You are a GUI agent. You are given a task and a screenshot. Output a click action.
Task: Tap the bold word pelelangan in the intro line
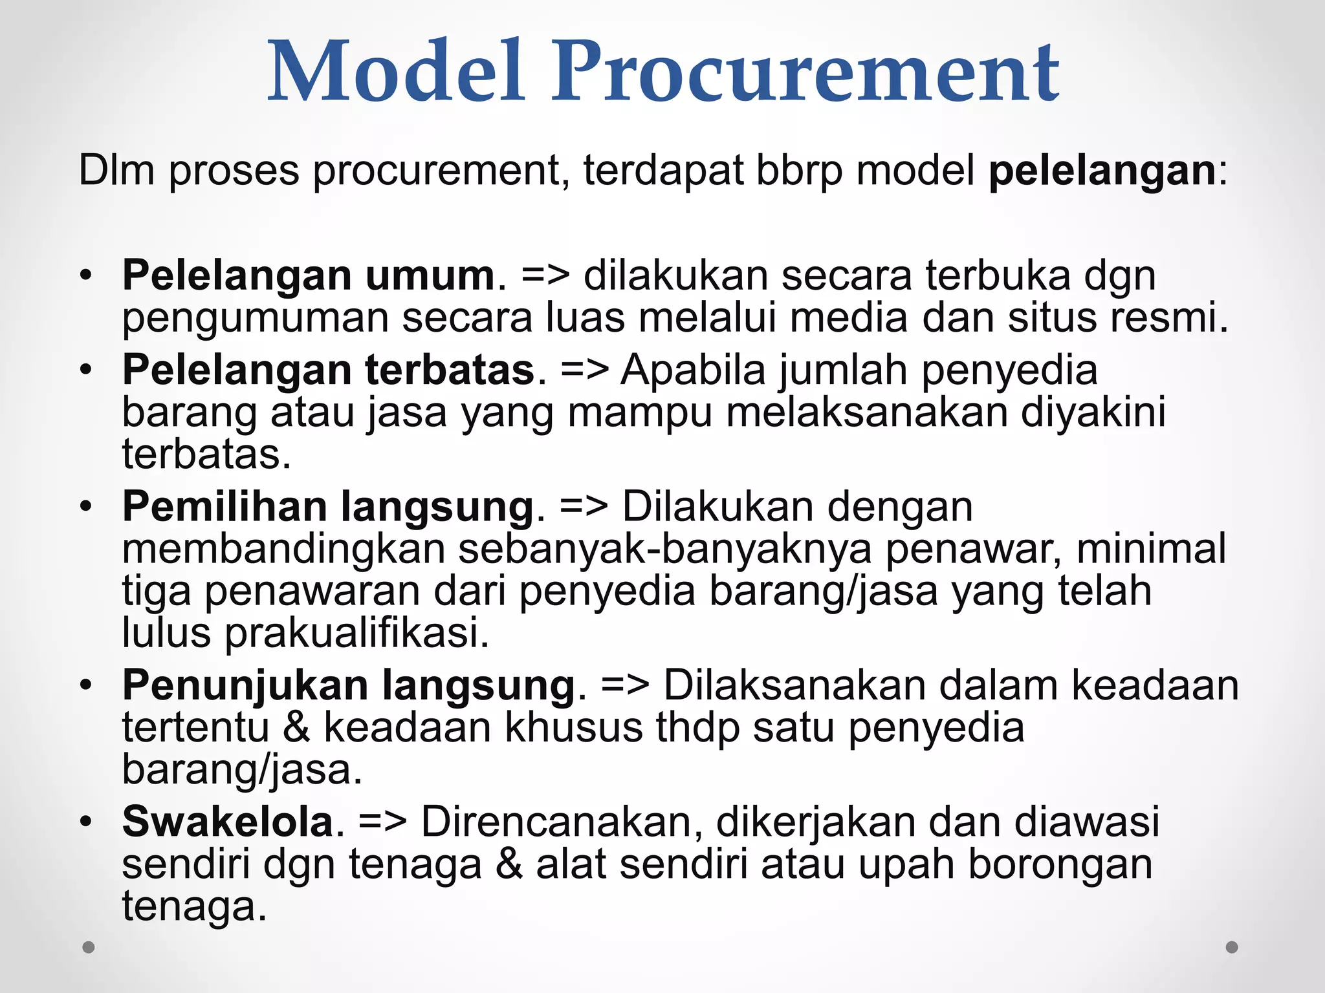click(1102, 171)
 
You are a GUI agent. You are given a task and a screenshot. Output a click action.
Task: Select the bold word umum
click(430, 275)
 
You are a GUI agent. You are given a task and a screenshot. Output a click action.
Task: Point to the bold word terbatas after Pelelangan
click(450, 370)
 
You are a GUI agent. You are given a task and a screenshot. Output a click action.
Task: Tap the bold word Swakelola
click(228, 822)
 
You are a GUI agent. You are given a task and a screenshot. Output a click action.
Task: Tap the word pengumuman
click(255, 318)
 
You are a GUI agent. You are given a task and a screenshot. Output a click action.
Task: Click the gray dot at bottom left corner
click(89, 947)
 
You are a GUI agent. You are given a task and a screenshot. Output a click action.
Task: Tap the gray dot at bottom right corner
click(1232, 947)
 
